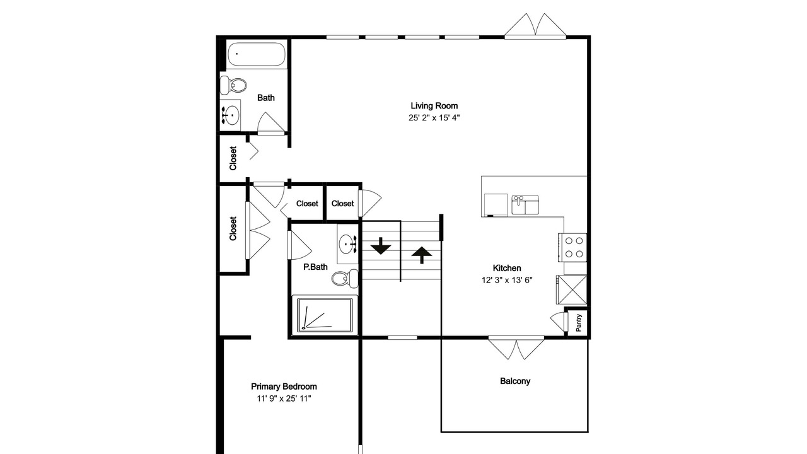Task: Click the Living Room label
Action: (x=434, y=106)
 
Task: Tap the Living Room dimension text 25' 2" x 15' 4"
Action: (x=434, y=118)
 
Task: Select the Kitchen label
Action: (x=507, y=268)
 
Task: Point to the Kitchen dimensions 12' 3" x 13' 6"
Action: (x=507, y=281)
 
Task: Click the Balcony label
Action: (x=515, y=381)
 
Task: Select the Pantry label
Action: (x=579, y=323)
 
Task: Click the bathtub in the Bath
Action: (x=257, y=54)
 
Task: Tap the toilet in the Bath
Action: (x=233, y=85)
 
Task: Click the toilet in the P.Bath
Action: (x=345, y=278)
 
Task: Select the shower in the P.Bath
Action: (x=325, y=316)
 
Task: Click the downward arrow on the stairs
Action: (x=381, y=246)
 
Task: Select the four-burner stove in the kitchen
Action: (x=573, y=248)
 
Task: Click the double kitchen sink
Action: (x=525, y=205)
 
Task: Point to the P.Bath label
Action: (x=315, y=267)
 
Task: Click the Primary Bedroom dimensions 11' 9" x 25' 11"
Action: (x=284, y=399)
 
